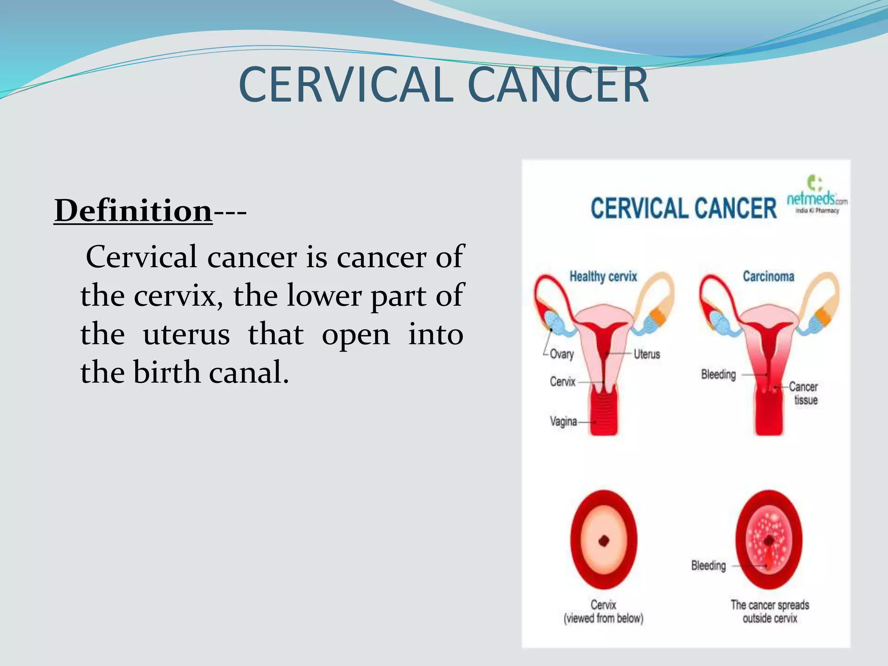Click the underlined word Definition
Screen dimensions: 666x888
[x=133, y=211]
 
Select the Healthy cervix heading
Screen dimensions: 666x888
[x=603, y=276]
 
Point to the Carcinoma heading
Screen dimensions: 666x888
[x=768, y=276]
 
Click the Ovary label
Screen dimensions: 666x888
[x=562, y=354]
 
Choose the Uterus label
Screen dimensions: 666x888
[x=646, y=354]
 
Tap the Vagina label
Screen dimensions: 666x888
[x=563, y=421]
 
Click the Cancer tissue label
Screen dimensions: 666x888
[x=803, y=393]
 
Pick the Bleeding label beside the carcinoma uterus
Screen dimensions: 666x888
[x=718, y=374]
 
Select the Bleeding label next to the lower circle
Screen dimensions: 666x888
[x=708, y=565]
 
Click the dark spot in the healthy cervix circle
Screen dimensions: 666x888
[x=604, y=541]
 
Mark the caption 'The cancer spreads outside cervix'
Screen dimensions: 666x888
[x=770, y=611]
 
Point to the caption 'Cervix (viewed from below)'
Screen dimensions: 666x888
[x=603, y=611]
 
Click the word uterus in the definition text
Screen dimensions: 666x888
[x=186, y=335]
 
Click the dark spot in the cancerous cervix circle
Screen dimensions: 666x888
[x=769, y=541]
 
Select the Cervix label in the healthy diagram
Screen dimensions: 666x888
[x=562, y=382]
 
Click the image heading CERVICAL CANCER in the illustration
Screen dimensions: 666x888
[x=683, y=208]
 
